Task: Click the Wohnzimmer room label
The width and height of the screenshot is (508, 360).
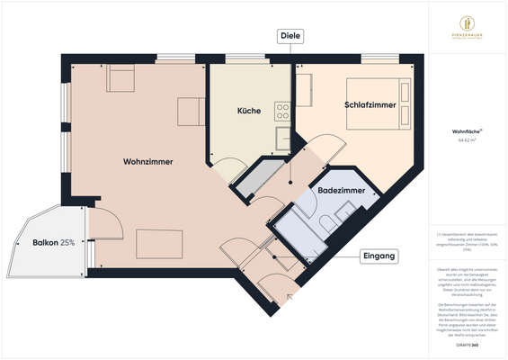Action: pos(147,161)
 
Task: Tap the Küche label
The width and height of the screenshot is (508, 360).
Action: pos(249,112)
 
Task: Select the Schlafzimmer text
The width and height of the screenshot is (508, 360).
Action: pos(370,105)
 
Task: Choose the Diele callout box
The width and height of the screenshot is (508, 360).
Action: pos(290,36)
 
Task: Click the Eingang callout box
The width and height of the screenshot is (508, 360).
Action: pos(379,256)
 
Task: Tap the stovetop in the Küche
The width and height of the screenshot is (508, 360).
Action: pos(281,112)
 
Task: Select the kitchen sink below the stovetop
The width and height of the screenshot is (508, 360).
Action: pos(281,138)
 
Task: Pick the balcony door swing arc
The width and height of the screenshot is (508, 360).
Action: pos(101,220)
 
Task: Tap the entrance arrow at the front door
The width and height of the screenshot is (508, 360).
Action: pos(290,295)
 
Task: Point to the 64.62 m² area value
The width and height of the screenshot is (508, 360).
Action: pos(465,140)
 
